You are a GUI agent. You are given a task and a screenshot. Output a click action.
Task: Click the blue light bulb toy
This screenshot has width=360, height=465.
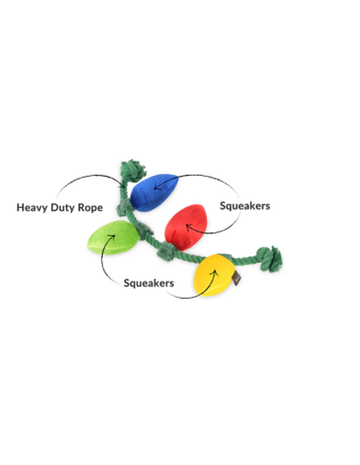pyautogui.click(x=153, y=192)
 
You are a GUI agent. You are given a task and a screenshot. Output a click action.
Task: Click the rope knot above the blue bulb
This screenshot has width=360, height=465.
pyautogui.click(x=133, y=170)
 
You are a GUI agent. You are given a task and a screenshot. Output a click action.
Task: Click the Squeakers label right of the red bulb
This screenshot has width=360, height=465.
pyautogui.click(x=244, y=206)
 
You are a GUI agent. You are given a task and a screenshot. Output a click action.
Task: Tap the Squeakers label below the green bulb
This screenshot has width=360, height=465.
pyautogui.click(x=149, y=283)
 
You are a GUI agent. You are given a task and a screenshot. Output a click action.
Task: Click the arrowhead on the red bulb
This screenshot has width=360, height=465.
pyautogui.click(x=187, y=227)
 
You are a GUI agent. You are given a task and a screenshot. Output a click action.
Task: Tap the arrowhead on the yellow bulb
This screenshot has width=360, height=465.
pyautogui.click(x=214, y=272)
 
